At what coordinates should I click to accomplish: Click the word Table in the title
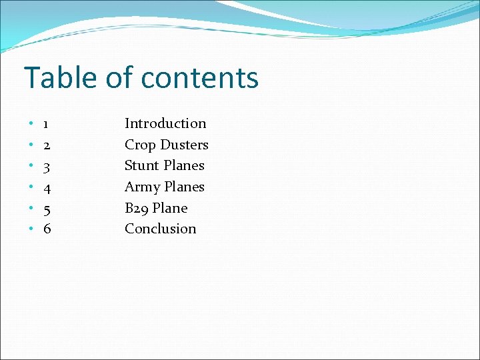point(61,78)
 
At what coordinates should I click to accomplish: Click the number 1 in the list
point(45,124)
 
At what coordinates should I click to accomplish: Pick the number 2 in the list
point(47,145)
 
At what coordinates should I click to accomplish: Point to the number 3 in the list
point(47,166)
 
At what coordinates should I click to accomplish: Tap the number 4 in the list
point(47,187)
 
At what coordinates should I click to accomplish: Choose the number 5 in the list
point(47,209)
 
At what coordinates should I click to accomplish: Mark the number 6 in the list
point(47,229)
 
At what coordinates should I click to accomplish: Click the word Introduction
point(165,123)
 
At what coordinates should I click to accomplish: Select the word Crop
point(140,145)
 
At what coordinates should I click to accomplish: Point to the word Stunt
point(142,165)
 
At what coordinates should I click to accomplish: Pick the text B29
point(137,208)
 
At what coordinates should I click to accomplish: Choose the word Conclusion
point(161,229)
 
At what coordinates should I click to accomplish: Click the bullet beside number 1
point(31,125)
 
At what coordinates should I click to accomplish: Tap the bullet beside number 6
point(31,230)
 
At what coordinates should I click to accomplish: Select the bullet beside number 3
point(31,167)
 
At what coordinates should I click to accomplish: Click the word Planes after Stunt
point(184,165)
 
